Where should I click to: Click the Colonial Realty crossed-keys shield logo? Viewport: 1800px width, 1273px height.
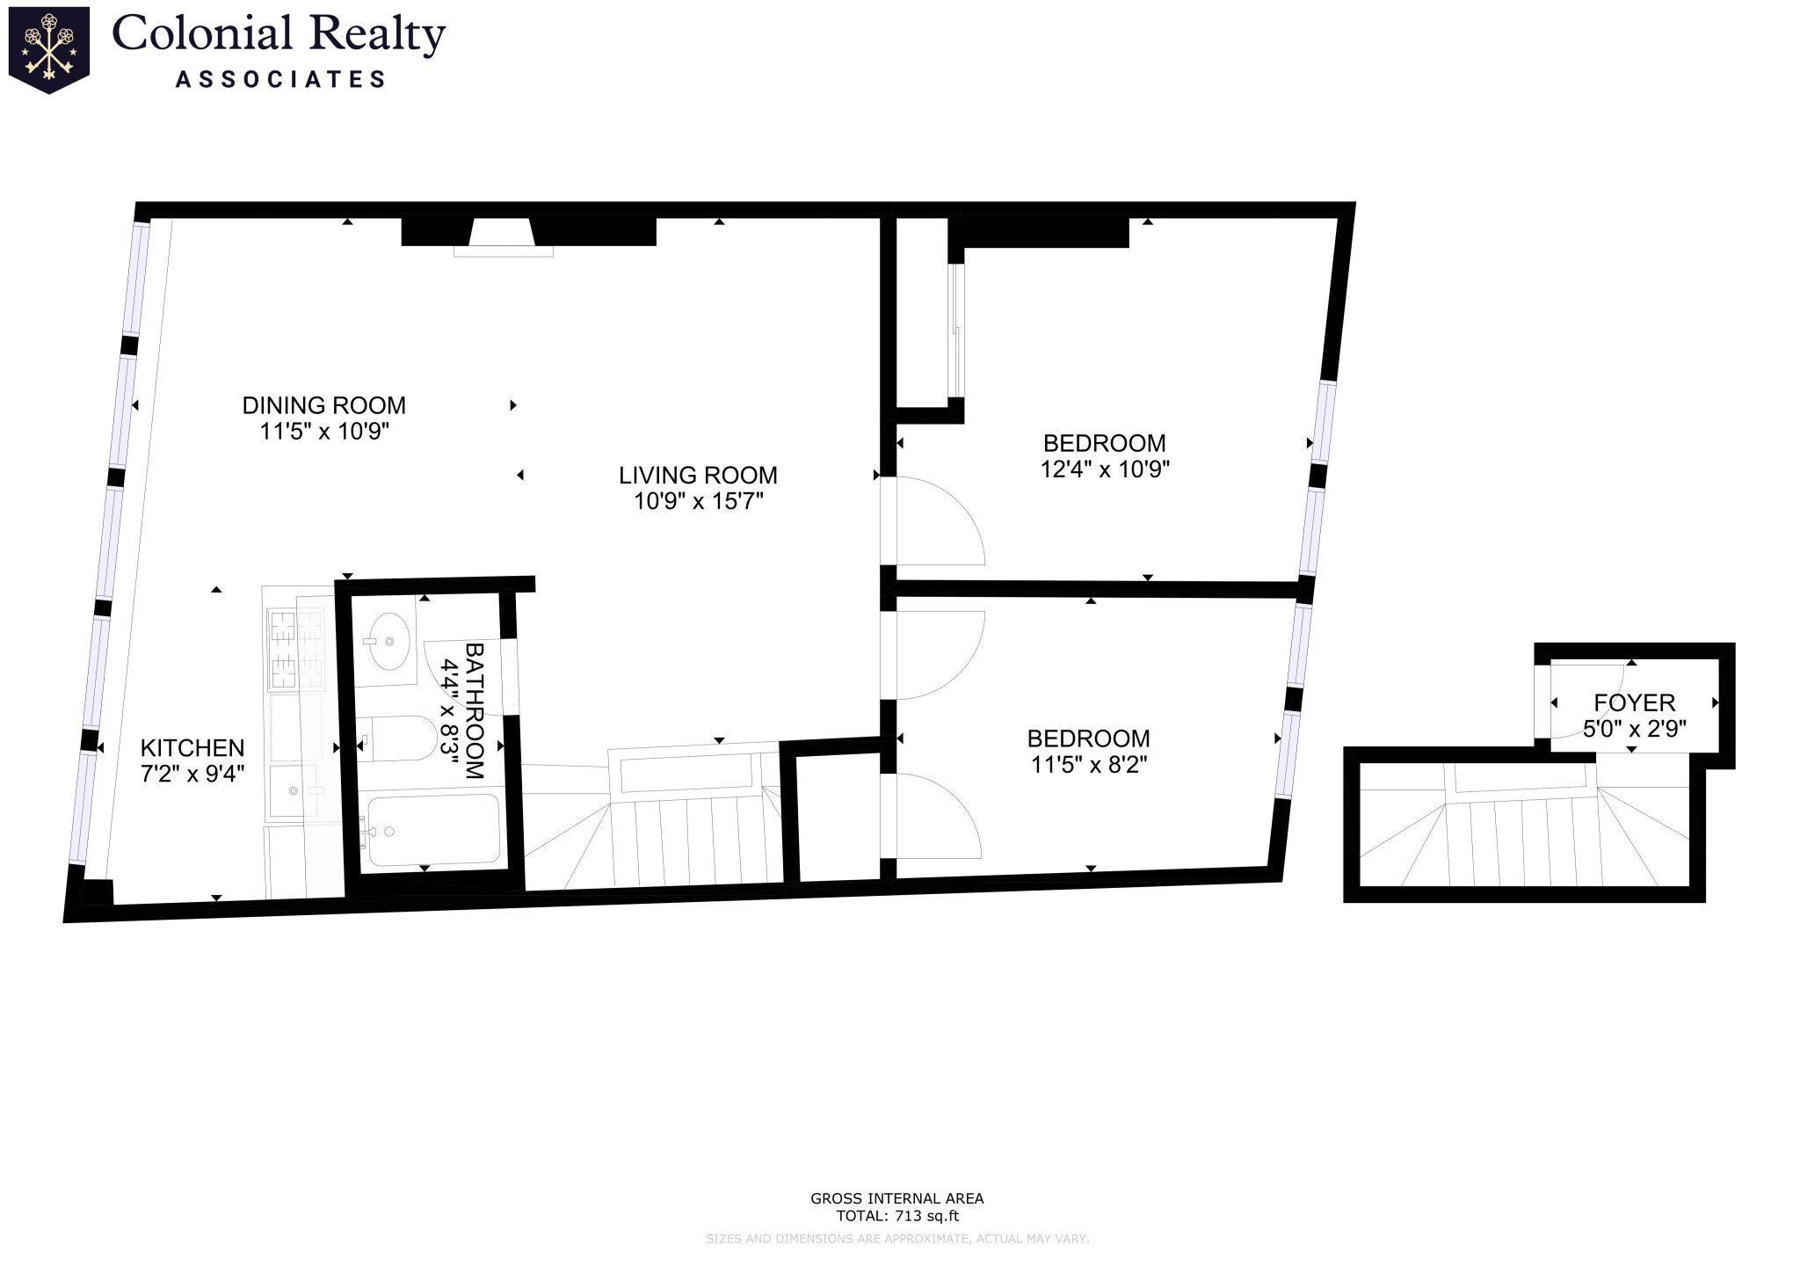tap(48, 48)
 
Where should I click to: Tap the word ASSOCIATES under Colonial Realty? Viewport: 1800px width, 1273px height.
tap(280, 79)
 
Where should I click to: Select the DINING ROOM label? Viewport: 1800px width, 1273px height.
tap(323, 405)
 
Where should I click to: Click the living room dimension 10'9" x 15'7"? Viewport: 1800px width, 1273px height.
tap(698, 502)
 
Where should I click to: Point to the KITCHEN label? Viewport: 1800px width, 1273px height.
tap(192, 748)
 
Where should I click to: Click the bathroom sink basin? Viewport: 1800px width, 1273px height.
tap(387, 641)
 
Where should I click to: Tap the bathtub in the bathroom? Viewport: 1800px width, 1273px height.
tap(433, 830)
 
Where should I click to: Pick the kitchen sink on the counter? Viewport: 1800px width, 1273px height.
tap(293, 791)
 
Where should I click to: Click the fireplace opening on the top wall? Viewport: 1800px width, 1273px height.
tap(503, 235)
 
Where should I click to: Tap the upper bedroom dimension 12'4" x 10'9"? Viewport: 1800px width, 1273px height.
tap(1104, 469)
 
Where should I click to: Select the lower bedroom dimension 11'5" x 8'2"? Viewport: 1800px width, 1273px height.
tap(1088, 765)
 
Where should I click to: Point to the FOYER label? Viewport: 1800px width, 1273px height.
tap(1634, 702)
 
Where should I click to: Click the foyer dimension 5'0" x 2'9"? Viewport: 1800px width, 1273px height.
tap(1634, 729)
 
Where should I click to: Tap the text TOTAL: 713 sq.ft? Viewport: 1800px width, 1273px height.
tap(896, 1217)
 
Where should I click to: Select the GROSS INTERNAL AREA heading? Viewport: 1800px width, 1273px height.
tap(896, 1198)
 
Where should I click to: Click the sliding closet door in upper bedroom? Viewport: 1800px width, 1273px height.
tap(957, 330)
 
